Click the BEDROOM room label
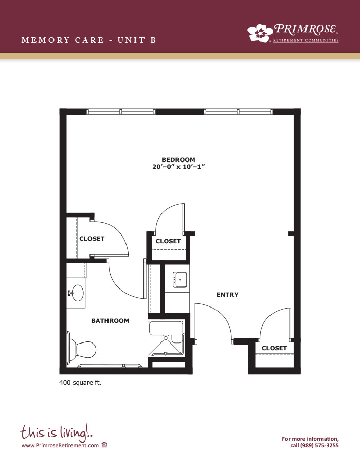click(x=178, y=159)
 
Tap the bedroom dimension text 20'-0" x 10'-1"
click(x=178, y=167)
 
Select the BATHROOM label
click(x=110, y=321)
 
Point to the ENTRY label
click(x=227, y=295)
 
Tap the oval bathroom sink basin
click(x=77, y=293)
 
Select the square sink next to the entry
click(x=179, y=280)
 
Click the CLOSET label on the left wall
click(x=92, y=239)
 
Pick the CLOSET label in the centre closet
click(x=168, y=241)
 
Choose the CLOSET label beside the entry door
click(x=274, y=348)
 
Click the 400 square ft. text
click(x=80, y=383)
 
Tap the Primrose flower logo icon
click(x=260, y=32)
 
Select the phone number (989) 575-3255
click(x=319, y=445)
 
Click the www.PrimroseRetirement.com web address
click(x=60, y=445)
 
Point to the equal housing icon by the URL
click(x=104, y=445)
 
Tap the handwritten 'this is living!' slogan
click(x=57, y=432)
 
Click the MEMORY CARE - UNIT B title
click(x=89, y=40)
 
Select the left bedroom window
click(x=121, y=111)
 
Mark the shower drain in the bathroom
click(x=166, y=338)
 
